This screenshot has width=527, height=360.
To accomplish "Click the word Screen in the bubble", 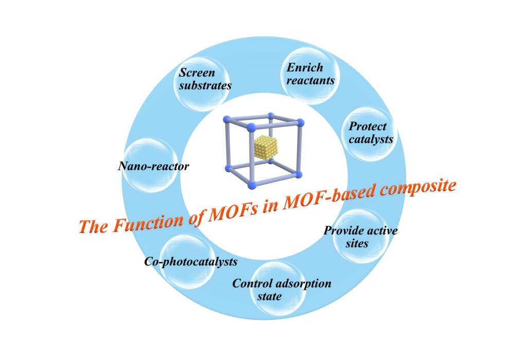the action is (197, 72).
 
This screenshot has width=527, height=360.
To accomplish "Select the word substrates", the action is (205, 85).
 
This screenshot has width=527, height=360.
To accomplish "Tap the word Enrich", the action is (305, 67).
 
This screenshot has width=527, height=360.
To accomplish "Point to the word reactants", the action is (310, 81).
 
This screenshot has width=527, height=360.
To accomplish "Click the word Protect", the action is (367, 127).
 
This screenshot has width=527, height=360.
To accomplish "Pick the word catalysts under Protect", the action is (371, 139).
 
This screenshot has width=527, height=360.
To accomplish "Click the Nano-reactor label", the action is (153, 166).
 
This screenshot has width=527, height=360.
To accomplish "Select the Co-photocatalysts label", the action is (190, 262).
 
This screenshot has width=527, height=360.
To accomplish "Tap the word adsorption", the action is (304, 283).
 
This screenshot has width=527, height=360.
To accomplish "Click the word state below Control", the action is (270, 297).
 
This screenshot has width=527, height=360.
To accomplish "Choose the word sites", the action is (357, 243).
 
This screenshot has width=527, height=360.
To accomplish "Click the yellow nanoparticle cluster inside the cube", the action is (266, 149).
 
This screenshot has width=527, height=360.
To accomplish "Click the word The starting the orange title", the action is (94, 227).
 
